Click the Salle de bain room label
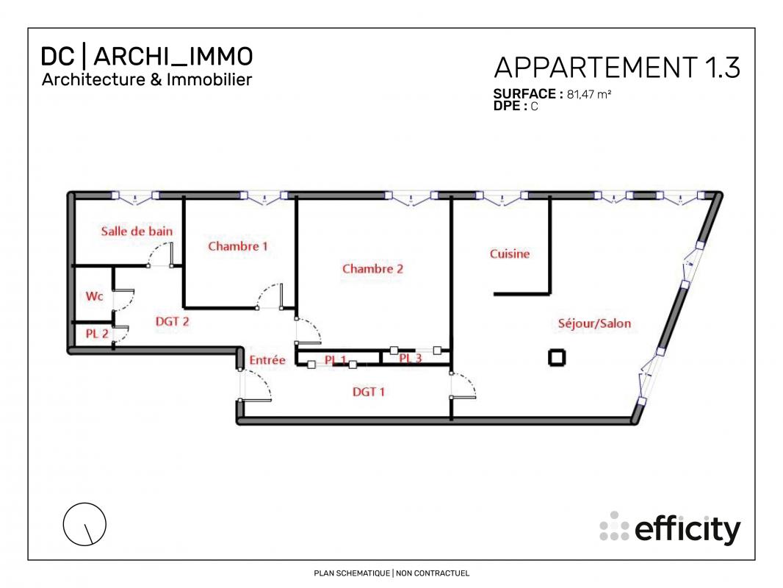pyautogui.click(x=137, y=232)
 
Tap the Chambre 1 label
pyautogui.click(x=238, y=246)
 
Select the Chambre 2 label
pyautogui.click(x=372, y=269)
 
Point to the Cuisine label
pyautogui.click(x=509, y=254)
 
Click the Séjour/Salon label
pyautogui.click(x=594, y=323)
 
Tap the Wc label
pyautogui.click(x=94, y=296)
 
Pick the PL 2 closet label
pyautogui.click(x=97, y=334)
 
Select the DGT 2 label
pyautogui.click(x=173, y=321)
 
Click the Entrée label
pyautogui.click(x=267, y=360)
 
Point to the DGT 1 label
pyautogui.click(x=369, y=392)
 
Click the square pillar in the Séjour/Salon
pyautogui.click(x=557, y=357)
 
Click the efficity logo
pyautogui.click(x=670, y=528)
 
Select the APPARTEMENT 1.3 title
pyautogui.click(x=617, y=68)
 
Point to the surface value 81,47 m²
pyautogui.click(x=589, y=94)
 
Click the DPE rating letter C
pyautogui.click(x=534, y=107)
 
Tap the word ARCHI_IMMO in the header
pyautogui.click(x=173, y=57)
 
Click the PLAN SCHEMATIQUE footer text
pyautogui.click(x=352, y=573)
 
